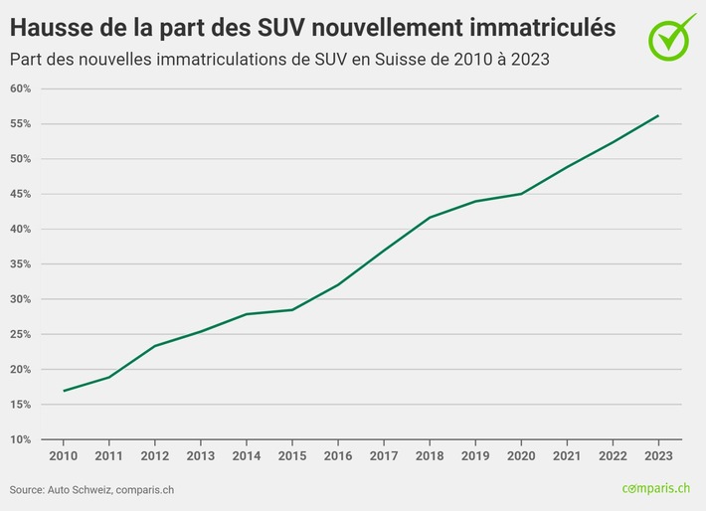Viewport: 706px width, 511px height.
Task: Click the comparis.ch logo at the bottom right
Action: click(x=656, y=488)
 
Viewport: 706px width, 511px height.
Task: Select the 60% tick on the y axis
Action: click(x=20, y=88)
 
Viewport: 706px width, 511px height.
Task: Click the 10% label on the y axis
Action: click(x=20, y=439)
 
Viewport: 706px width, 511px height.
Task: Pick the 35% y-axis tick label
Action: click(x=20, y=264)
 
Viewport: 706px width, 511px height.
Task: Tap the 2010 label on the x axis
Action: click(x=64, y=454)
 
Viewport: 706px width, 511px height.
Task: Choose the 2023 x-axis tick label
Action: click(x=658, y=454)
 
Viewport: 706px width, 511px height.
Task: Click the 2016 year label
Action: click(x=338, y=454)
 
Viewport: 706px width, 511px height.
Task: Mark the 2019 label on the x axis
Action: click(x=475, y=454)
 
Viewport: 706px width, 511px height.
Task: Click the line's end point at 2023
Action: click(x=658, y=115)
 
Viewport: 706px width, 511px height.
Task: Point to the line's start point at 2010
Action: click(x=64, y=391)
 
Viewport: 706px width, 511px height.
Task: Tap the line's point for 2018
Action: click(x=430, y=217)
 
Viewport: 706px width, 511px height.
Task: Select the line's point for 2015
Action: click(x=292, y=309)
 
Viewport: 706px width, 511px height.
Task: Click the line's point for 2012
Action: click(x=155, y=346)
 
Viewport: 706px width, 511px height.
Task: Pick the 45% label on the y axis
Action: click(x=20, y=194)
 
